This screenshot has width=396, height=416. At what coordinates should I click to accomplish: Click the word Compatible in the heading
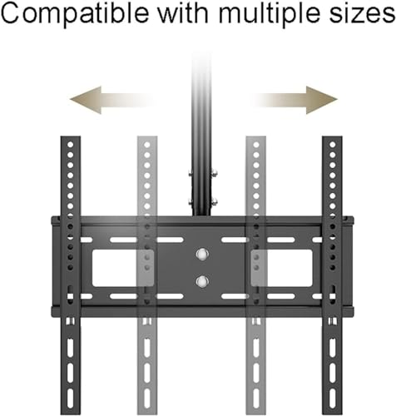click(75, 13)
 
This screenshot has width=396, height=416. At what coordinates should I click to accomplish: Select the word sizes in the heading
click(362, 13)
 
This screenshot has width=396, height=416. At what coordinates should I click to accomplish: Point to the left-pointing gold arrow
click(111, 100)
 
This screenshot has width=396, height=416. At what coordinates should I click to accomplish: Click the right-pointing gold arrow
click(294, 100)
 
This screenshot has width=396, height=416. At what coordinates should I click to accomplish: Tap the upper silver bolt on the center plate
click(202, 254)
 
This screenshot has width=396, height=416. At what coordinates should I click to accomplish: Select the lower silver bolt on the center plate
click(202, 281)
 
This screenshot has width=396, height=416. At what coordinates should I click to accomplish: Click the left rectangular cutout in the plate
click(123, 268)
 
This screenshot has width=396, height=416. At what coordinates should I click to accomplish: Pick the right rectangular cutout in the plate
click(282, 268)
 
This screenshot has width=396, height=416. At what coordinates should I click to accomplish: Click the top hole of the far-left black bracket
click(71, 145)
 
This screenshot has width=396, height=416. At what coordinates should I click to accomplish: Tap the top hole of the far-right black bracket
click(332, 145)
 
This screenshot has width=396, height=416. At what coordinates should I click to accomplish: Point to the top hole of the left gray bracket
click(147, 145)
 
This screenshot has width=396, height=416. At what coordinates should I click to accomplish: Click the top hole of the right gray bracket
click(256, 145)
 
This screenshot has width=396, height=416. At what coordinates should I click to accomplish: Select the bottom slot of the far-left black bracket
click(71, 398)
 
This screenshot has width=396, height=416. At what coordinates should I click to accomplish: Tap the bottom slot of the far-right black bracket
click(332, 398)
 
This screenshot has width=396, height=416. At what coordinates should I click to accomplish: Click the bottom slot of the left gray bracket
click(147, 398)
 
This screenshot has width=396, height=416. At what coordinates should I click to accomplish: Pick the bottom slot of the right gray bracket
click(256, 398)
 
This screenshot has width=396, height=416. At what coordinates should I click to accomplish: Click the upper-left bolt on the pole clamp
click(191, 174)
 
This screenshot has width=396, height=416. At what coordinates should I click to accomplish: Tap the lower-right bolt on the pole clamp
click(214, 201)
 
